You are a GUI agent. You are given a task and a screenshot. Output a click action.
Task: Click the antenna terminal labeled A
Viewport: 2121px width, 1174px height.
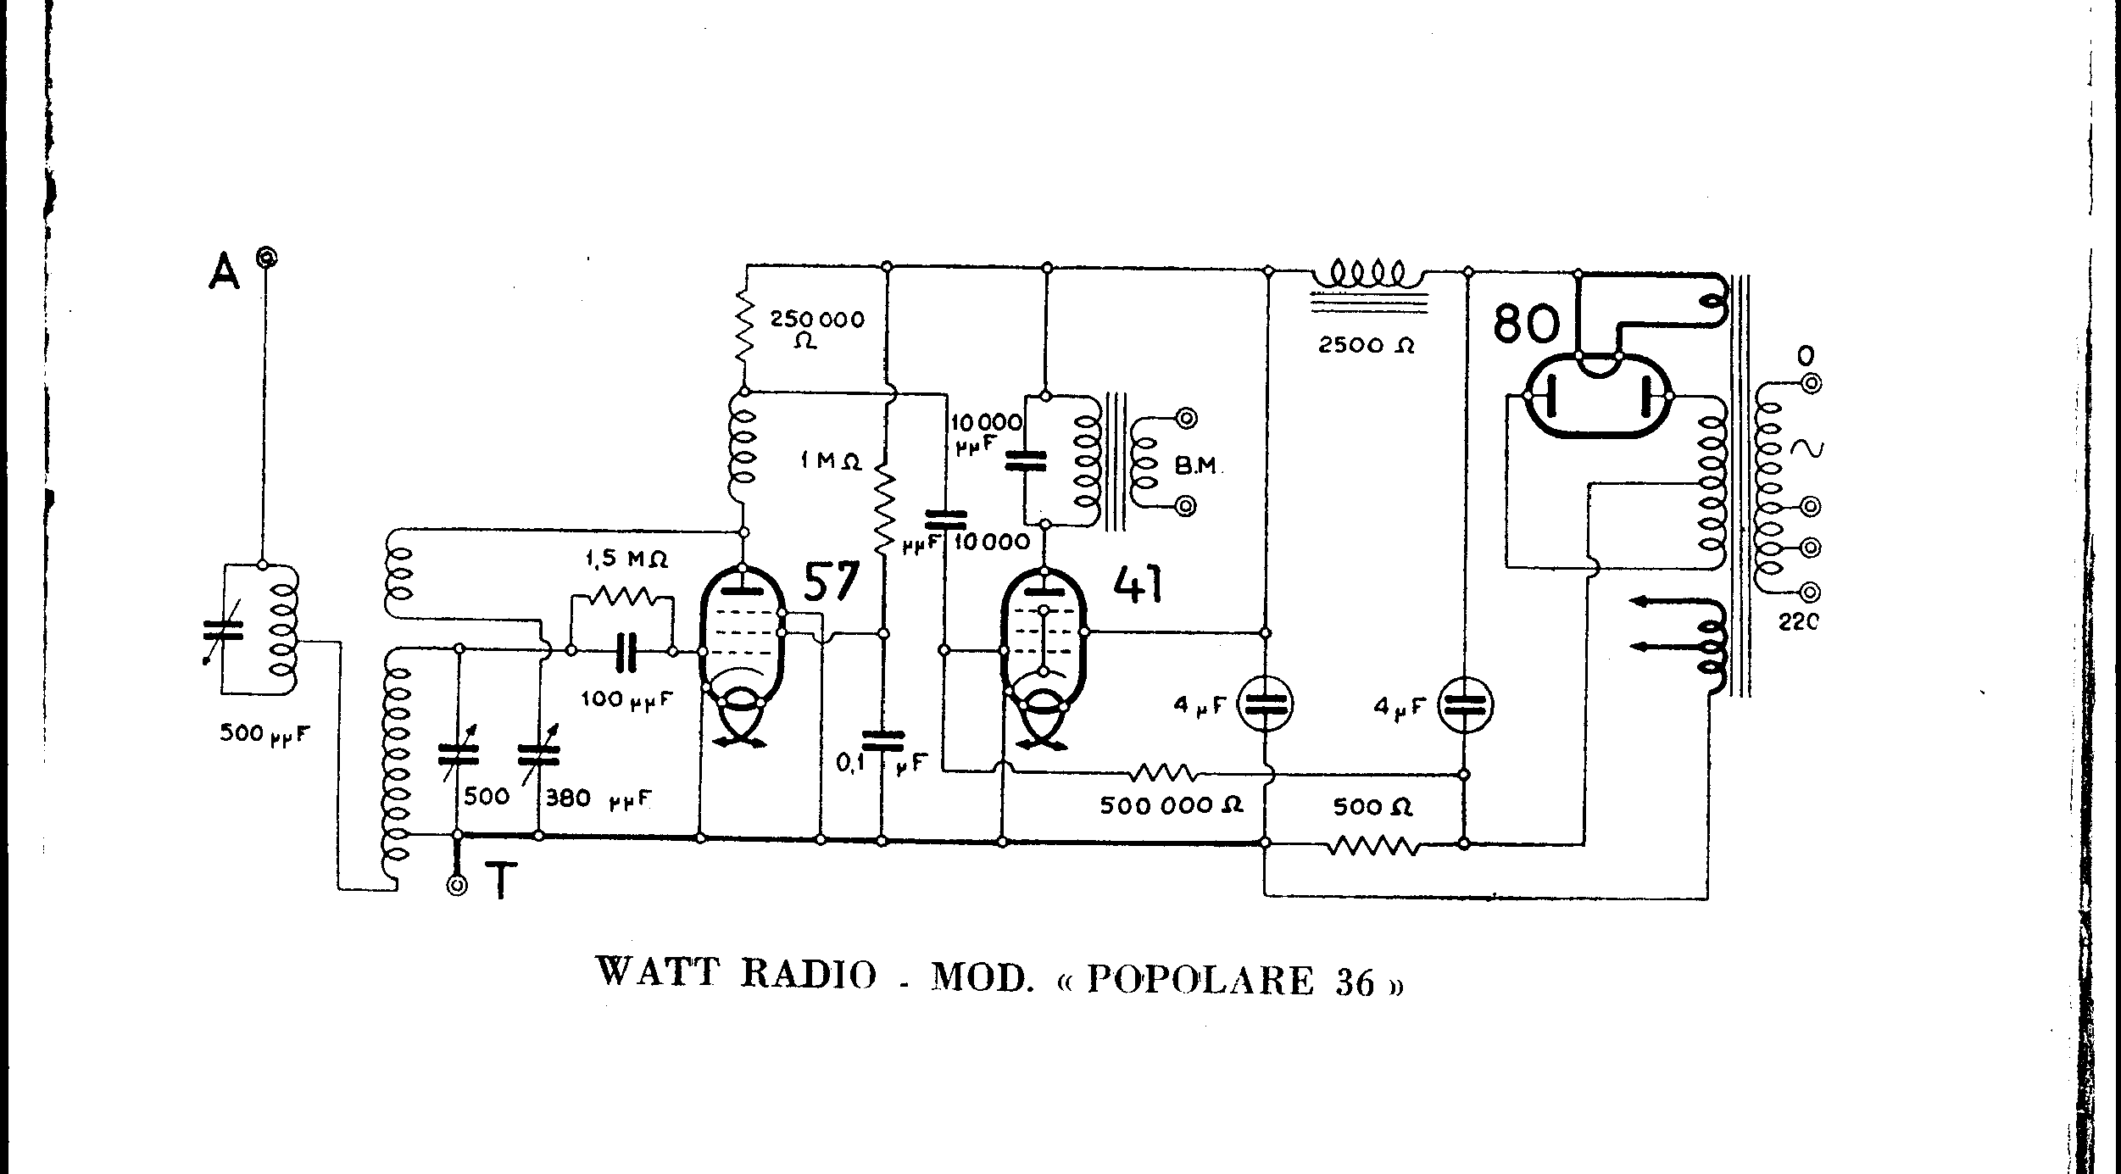268,257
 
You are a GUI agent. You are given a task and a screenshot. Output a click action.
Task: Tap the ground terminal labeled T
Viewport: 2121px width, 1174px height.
458,886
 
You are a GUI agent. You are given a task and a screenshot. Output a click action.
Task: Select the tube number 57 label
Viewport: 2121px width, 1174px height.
831,582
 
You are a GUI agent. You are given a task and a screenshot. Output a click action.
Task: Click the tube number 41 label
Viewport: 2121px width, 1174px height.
1138,584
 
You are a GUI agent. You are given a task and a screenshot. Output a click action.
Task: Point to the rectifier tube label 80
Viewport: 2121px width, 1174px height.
1526,323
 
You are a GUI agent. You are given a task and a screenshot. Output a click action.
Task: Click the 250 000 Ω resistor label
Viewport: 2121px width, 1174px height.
816,329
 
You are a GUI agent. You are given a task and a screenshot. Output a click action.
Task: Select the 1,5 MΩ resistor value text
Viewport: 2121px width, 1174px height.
626,559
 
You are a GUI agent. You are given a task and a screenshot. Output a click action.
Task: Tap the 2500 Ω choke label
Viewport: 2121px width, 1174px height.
1366,345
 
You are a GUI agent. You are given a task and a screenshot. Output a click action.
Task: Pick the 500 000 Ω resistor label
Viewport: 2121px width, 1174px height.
1171,805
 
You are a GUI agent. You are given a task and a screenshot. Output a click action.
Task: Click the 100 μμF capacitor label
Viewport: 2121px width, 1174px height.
626,699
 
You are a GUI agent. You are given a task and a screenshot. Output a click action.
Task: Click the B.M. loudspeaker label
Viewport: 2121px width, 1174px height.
1196,465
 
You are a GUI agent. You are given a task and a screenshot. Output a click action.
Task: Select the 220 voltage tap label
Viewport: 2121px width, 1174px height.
1798,623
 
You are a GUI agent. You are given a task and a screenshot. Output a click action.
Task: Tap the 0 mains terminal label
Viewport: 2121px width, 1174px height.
1806,354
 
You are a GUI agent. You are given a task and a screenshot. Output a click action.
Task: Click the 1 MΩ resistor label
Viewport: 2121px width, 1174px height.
830,462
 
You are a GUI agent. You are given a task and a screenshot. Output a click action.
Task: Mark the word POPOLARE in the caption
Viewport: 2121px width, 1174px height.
1200,980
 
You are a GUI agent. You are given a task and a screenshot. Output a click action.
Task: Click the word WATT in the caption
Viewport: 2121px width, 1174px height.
658,971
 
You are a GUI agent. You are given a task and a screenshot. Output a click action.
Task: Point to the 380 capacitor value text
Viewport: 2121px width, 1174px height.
567,798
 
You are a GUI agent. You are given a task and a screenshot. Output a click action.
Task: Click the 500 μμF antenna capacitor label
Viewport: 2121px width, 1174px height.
264,733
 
